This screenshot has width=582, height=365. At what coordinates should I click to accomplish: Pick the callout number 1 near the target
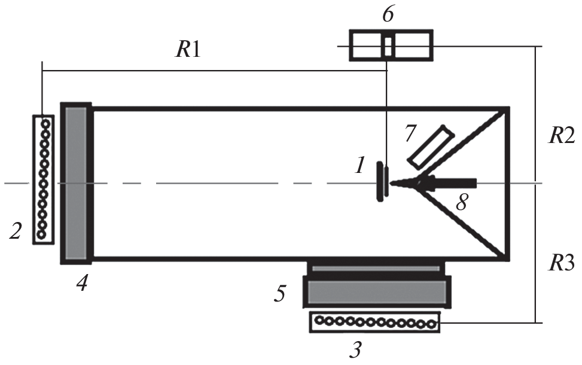coord(359,165)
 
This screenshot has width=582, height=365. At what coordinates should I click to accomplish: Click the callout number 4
coord(81,282)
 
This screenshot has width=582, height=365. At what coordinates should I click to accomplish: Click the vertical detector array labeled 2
coord(42,179)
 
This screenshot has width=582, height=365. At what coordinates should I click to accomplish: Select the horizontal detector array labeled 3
coord(374,323)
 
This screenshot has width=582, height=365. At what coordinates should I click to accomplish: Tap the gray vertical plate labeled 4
coord(76,182)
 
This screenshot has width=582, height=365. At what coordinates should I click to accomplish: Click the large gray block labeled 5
coord(377,291)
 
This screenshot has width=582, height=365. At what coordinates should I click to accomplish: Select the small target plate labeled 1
coord(380,182)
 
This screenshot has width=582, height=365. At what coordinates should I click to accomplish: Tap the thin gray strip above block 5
coord(377,269)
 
